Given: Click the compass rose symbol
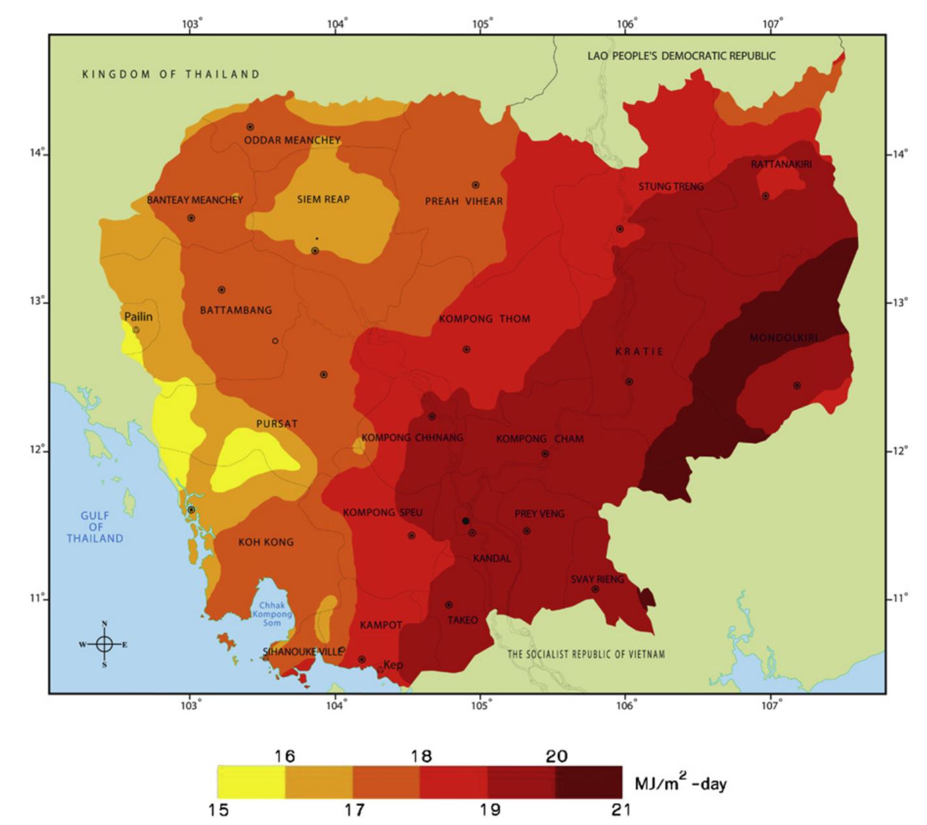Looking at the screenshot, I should tap(104, 644).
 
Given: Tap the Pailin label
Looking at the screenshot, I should tap(138, 317).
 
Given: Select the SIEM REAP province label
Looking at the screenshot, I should tap(323, 199).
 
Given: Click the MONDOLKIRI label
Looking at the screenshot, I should tap(783, 338).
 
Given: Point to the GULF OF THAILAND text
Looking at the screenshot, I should tap(95, 527).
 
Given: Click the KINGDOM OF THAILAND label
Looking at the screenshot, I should tap(171, 74).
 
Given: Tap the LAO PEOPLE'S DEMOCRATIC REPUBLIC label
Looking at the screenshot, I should tap(681, 56).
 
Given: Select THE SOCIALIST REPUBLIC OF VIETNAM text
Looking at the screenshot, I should tap(586, 654).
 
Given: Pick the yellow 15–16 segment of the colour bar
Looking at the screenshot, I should tap(251, 782).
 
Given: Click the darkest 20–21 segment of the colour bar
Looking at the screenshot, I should tap(589, 782).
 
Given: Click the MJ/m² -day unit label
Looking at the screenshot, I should tap(680, 783).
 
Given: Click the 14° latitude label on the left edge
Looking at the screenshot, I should tap(37, 154).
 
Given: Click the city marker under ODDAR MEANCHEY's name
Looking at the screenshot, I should tap(250, 127).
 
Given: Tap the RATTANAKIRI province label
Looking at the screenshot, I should tap(781, 164).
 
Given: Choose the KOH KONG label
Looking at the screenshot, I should tap(266, 542).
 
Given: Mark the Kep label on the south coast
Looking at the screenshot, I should tap(393, 665).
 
